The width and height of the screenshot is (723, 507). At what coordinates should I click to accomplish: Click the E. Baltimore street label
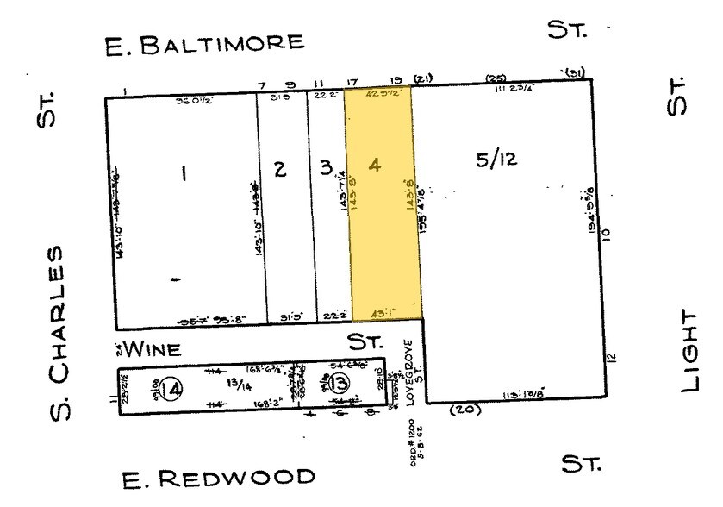point(203,43)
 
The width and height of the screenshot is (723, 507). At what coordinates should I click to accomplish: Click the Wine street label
point(153,349)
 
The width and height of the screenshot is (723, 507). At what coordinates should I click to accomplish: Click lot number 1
point(182,173)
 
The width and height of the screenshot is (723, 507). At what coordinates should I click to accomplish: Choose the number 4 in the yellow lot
point(374,165)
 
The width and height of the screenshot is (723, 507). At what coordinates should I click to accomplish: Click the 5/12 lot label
point(496,160)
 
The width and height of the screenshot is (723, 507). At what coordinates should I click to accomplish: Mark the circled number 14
point(171,390)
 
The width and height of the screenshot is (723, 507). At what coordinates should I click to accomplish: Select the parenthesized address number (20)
point(464,410)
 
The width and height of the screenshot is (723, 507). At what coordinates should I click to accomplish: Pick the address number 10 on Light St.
point(606,233)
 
